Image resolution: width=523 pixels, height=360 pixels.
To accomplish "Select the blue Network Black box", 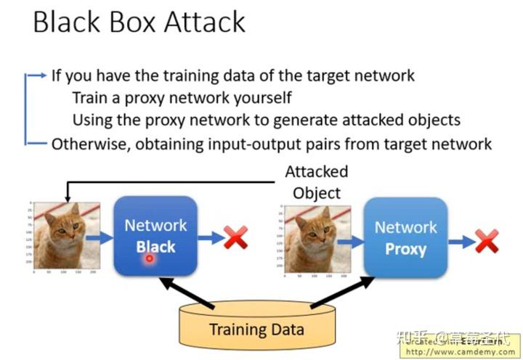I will [155, 236].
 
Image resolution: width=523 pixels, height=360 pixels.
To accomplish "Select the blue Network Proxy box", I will [405, 238].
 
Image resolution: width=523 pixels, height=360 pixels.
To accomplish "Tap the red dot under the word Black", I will [149, 258].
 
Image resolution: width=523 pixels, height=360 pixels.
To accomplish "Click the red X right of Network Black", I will [235, 237].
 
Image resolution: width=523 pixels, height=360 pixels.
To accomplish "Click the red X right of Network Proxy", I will [486, 240].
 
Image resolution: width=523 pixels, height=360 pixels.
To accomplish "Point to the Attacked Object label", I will [316, 183].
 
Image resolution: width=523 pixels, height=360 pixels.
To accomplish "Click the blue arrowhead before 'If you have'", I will [41, 75].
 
